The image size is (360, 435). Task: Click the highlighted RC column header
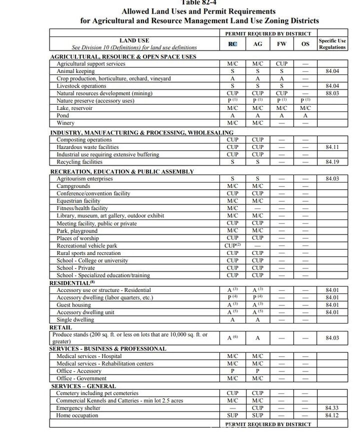(232, 44)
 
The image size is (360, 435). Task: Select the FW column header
(281, 44)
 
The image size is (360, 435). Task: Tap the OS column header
(305, 44)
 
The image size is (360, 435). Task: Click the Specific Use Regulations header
(332, 44)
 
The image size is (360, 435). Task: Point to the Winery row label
(65, 123)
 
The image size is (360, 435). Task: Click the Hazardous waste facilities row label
(87, 147)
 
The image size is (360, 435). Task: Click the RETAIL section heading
(60, 327)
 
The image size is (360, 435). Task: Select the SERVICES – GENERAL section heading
(83, 386)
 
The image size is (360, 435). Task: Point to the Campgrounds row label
(73, 186)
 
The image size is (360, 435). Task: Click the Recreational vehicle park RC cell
(232, 245)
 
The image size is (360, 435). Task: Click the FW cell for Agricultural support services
(281, 64)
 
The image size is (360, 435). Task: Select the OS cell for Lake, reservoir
(305, 108)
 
